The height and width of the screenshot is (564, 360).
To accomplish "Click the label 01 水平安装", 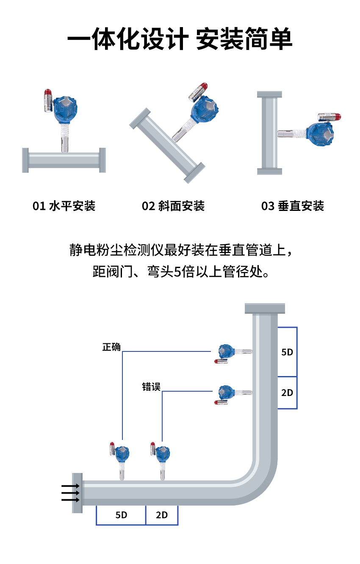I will coord(64,206).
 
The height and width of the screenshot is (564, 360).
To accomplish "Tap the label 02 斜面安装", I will coord(173,206).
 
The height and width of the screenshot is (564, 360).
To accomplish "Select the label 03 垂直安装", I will coord(293,206).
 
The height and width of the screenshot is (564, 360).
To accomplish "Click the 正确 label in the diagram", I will coord(111,347).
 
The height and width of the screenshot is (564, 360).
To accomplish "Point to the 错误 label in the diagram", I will coord(151,387).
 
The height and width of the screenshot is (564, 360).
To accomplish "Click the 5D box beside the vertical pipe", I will coord(287,352).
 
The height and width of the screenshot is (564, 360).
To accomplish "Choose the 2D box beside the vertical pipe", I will coord(287,393).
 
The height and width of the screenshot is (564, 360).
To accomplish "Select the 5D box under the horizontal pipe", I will coord(121,515).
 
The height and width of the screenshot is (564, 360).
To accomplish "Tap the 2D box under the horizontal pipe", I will coord(162,515).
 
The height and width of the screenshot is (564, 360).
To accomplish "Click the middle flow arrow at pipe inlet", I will coord(70,493).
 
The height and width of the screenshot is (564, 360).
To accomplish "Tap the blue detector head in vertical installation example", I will coord(321,133).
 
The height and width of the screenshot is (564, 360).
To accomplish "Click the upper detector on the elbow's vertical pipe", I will coord(226,351).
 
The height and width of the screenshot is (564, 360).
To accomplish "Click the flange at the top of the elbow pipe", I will coord(265,308).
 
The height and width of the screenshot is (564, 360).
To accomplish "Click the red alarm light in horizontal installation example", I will coord(47,93).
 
